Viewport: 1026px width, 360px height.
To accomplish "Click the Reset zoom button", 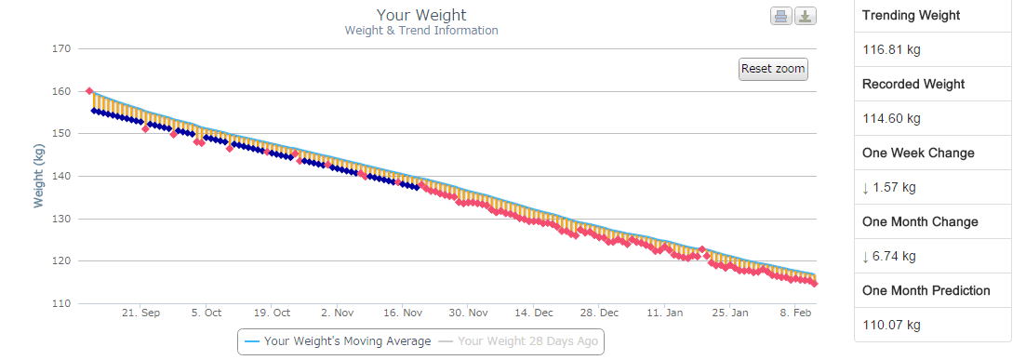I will point(773,69).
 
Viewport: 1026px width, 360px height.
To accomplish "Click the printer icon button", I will point(780,17).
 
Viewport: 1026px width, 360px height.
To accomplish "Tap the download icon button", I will point(806,17).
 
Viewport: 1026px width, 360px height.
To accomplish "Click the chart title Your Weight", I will point(421,15).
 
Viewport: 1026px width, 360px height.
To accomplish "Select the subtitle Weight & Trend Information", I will point(421,31).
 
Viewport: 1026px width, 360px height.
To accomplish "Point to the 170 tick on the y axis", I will point(62,48).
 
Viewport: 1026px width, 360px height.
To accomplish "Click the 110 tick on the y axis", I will point(62,303).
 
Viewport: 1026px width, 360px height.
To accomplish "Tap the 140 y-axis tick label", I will point(62,176).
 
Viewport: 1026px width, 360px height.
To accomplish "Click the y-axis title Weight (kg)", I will point(39,176).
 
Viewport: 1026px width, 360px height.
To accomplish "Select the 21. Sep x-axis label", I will point(140,313).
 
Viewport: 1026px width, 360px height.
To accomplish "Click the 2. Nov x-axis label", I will point(337,313).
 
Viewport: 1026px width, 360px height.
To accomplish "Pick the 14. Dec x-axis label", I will point(534,313).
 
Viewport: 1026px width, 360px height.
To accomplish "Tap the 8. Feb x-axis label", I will point(797,313).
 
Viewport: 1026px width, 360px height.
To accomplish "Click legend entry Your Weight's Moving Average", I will point(339,341).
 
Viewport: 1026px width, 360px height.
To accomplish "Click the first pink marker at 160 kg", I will point(89,91).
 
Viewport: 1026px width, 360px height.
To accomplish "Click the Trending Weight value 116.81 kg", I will point(892,49).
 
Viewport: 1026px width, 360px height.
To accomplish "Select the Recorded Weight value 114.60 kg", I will point(892,118).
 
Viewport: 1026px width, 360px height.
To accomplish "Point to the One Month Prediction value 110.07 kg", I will point(892,325).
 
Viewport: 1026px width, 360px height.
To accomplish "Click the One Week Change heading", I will point(918,153).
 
